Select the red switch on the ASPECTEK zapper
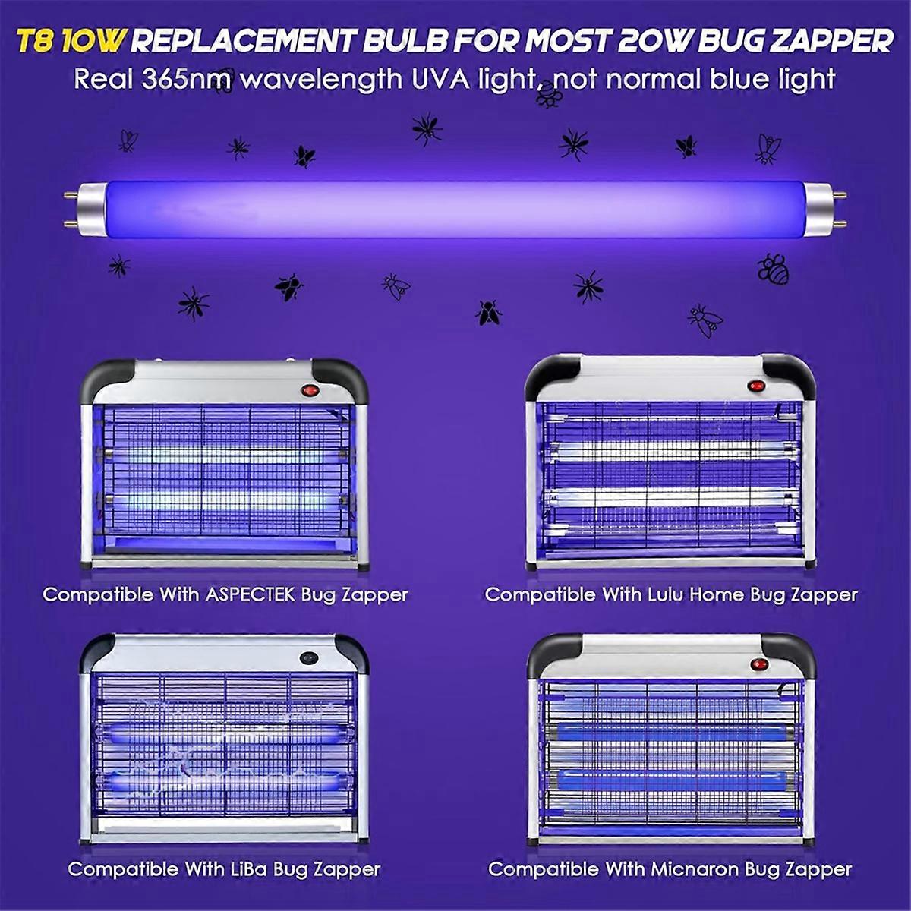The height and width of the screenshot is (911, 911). [310, 390]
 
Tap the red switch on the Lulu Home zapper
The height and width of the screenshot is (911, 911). [756, 386]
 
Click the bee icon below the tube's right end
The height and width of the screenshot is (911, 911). [773, 267]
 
